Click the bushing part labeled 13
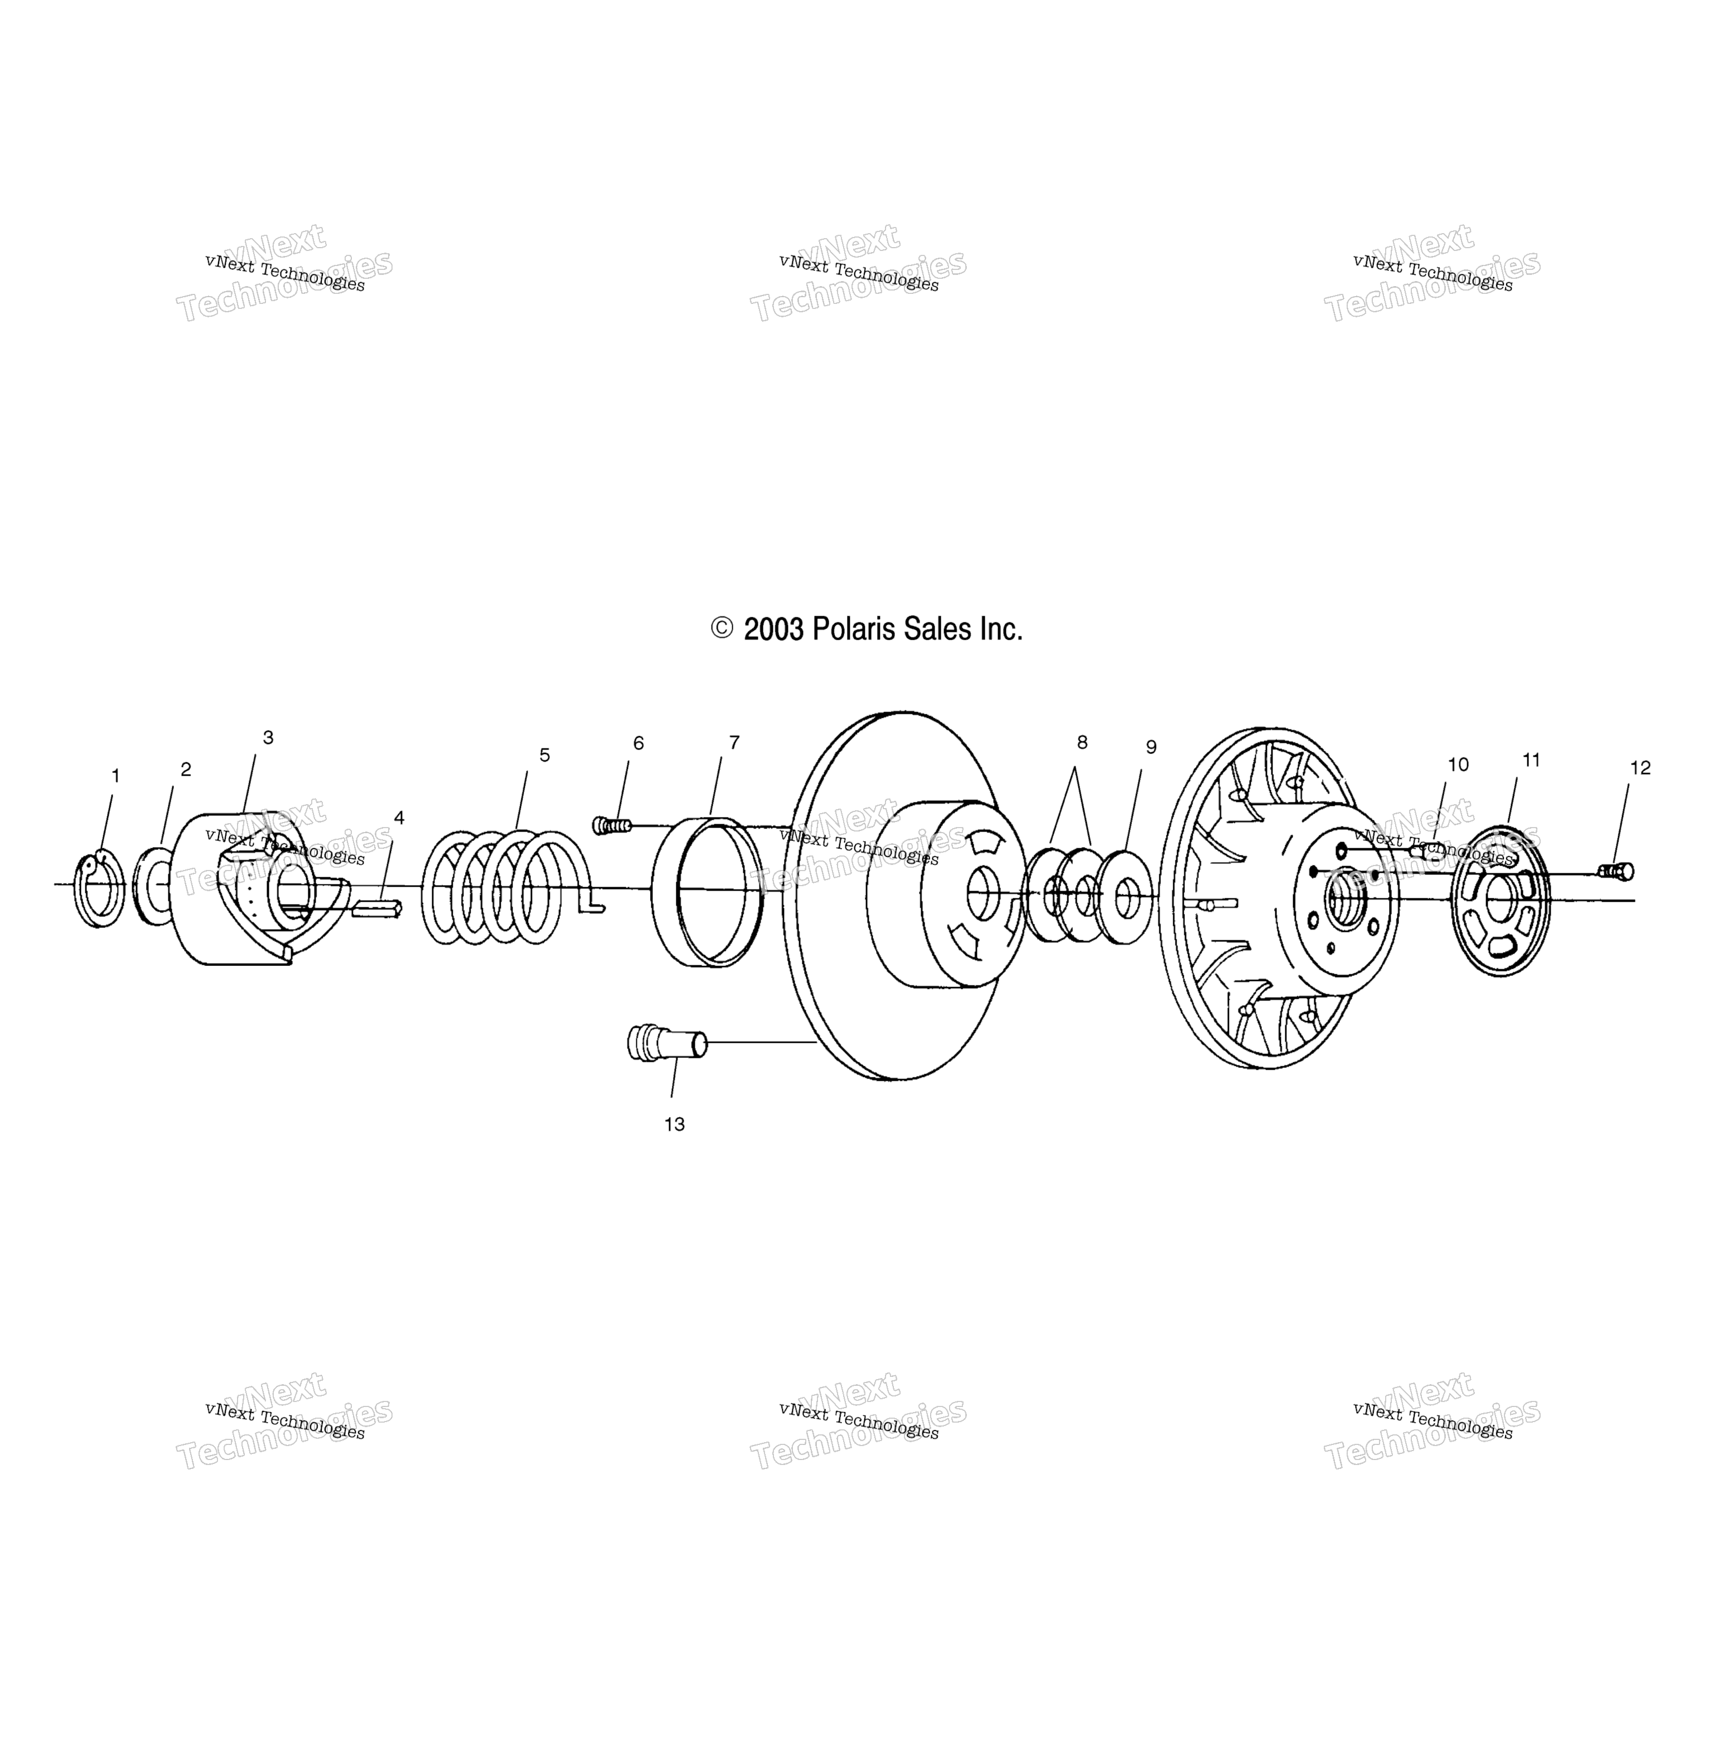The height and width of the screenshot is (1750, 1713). [x=667, y=1044]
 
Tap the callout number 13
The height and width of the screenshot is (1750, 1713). [x=675, y=1125]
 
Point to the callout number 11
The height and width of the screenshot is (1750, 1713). [x=1531, y=760]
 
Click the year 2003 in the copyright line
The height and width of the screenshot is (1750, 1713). [x=775, y=629]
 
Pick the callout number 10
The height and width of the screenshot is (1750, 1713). [x=1458, y=765]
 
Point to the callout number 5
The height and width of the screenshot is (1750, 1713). [x=544, y=756]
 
